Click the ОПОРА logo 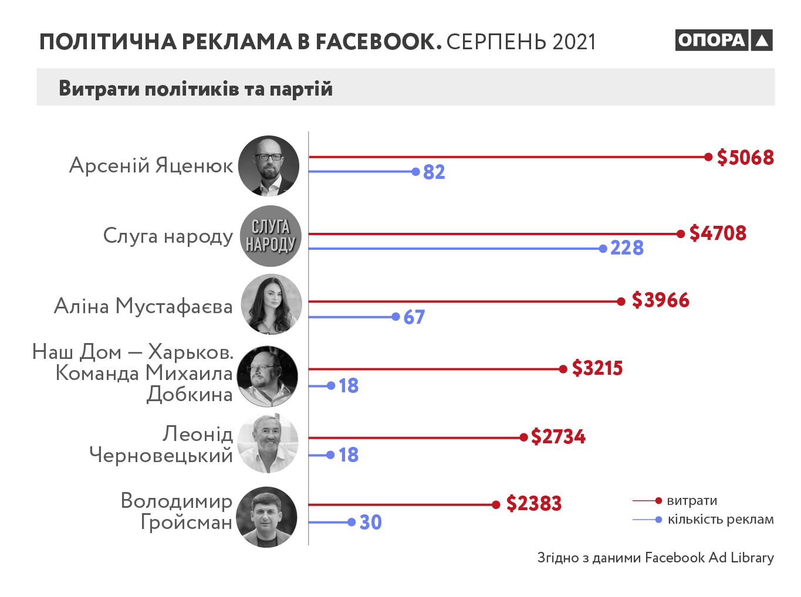point(724,40)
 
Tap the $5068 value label point(745,157)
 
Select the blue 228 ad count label point(627,248)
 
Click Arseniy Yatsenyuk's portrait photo point(269,166)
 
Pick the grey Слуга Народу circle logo point(271,236)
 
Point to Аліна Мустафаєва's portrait point(271,304)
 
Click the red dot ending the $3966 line point(621,301)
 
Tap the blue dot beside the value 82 point(415,172)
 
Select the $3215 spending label point(597,368)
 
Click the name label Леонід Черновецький point(161,444)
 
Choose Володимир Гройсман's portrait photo point(267,517)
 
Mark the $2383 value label point(533,503)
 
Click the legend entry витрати point(692,501)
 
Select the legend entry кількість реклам point(720,520)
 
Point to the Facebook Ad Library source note point(655,558)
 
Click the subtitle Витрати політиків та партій point(195,89)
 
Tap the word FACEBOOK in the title point(378,42)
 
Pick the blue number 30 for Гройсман point(370,522)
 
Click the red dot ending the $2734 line point(523,437)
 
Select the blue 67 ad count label point(414,317)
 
